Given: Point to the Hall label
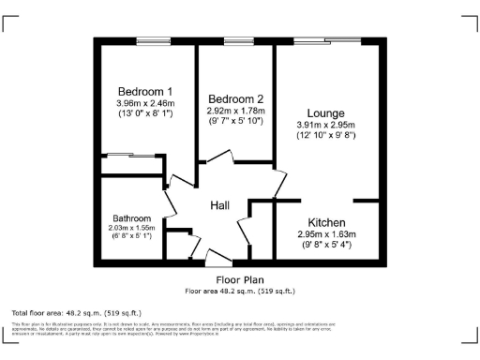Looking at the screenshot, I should [219, 205].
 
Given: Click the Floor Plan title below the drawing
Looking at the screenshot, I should [240, 279].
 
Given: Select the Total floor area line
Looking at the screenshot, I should [76, 311].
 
